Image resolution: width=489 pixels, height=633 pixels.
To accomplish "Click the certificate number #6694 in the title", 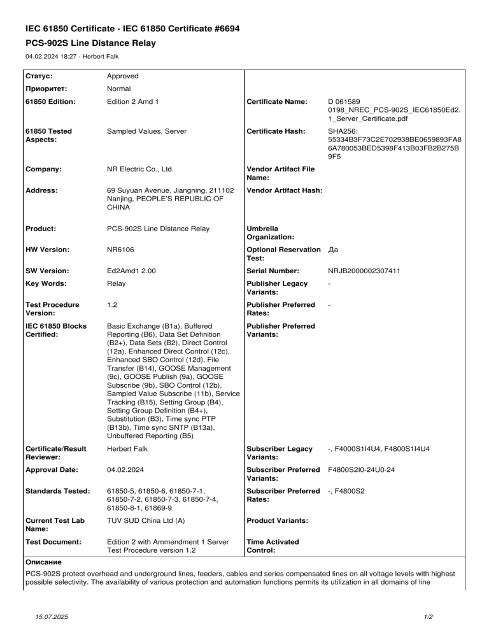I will coord(222,29).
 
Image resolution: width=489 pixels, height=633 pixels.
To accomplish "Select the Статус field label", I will coord(39,76).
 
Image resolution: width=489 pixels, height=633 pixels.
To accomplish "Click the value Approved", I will coord(123,76).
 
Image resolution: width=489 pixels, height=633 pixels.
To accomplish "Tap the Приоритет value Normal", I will coord(119,89).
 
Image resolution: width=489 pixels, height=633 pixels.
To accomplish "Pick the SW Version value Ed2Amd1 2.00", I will coord(131,271).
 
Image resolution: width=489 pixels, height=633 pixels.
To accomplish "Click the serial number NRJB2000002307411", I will coord(364,271).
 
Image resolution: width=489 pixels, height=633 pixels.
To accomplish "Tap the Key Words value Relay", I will coord(117,284).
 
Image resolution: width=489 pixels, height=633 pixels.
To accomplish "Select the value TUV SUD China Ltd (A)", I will coord(146,521).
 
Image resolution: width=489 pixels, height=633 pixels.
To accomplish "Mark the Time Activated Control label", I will coord(272,546).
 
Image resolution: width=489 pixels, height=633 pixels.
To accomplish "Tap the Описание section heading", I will coord(43,562).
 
